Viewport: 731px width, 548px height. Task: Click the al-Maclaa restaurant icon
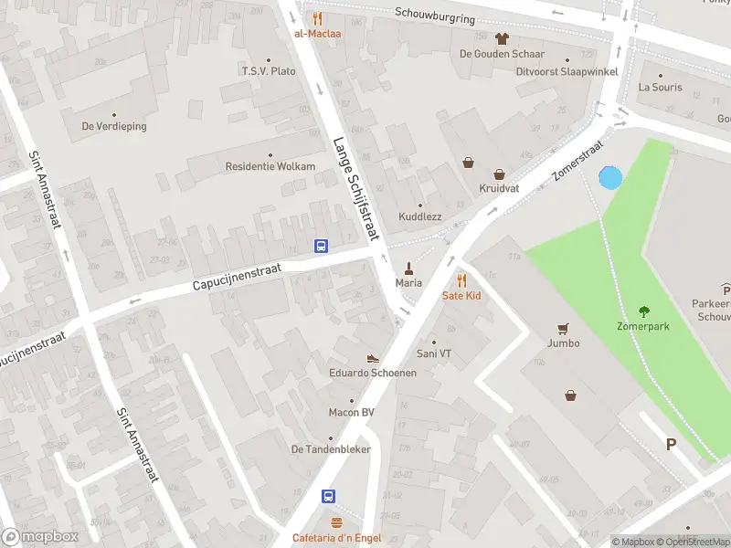click(317, 18)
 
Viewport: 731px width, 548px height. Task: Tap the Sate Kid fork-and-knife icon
click(461, 280)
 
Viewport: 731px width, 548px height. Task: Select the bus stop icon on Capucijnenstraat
click(322, 246)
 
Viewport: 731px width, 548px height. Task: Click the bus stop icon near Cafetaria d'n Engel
click(328, 497)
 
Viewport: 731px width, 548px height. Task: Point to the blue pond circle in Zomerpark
click(609, 178)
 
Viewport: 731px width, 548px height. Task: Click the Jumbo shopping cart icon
click(564, 328)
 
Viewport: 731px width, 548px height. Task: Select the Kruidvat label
click(499, 188)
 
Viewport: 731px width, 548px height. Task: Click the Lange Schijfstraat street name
click(355, 189)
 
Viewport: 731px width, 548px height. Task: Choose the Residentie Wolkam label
click(270, 166)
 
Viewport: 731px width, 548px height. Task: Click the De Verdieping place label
click(114, 126)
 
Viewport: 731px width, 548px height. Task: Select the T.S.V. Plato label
click(269, 70)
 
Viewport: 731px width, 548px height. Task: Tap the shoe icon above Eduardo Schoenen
click(373, 358)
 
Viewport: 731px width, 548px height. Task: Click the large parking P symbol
click(671, 445)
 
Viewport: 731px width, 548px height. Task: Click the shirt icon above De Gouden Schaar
click(502, 38)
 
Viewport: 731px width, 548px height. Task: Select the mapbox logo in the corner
click(40, 536)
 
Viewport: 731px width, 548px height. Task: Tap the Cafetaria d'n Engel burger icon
click(336, 523)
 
